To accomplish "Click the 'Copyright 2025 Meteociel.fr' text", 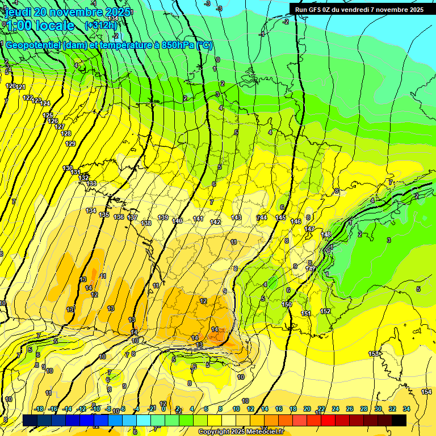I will tap(241, 432).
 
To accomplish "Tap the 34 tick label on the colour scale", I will tap(406, 409).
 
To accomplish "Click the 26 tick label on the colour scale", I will tap(349, 409).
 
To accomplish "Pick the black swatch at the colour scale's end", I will tap(399, 420).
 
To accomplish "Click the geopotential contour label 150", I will tap(287, 305).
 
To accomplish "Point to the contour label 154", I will tap(426, 392).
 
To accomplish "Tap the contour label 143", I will tap(236, 218).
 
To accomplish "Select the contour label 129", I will tap(70, 144).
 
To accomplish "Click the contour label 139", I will tap(162, 218).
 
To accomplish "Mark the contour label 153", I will tap(374, 354).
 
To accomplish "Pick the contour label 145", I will tap(280, 218).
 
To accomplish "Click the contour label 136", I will tap(119, 217).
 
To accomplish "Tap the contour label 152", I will tap(325, 311).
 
